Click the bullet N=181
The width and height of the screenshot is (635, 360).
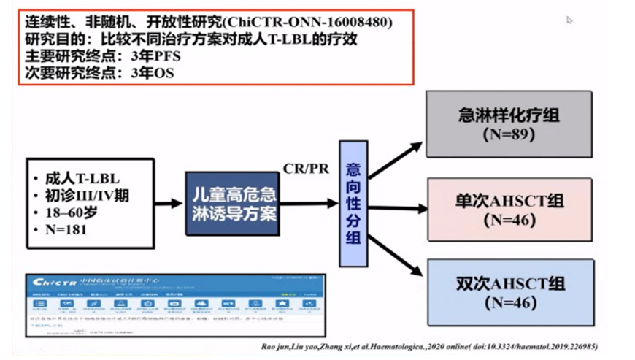66,231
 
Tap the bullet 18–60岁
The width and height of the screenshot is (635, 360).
70,213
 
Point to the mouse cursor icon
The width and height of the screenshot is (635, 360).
570,20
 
